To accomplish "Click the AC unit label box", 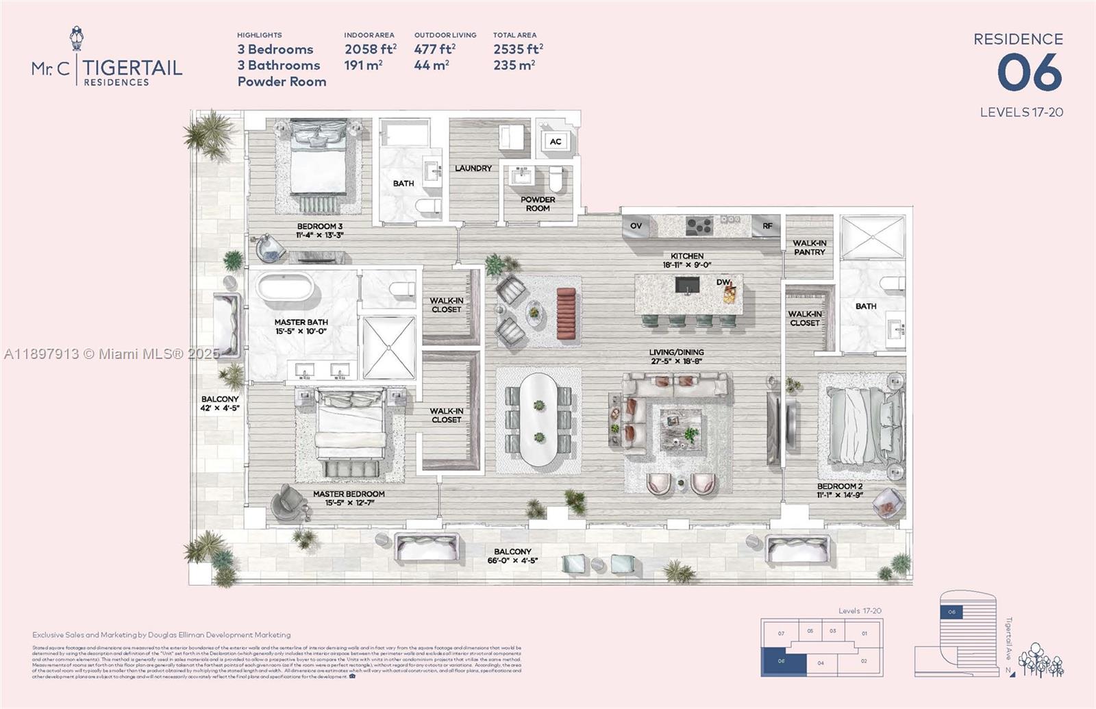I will (556, 142).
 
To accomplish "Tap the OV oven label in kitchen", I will (636, 225).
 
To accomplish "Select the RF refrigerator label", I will (767, 225).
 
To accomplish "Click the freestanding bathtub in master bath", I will (287, 287).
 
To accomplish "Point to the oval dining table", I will (539, 419).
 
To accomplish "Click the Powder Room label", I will (538, 203).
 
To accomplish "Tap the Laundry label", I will (473, 168).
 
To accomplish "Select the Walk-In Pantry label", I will (809, 247).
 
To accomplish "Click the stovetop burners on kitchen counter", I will (700, 225).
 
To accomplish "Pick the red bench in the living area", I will (566, 312).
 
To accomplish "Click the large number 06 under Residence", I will (1030, 73).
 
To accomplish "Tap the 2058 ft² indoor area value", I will (370, 49).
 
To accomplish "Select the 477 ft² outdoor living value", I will (434, 49).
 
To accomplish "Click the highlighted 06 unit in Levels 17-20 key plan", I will (782, 662).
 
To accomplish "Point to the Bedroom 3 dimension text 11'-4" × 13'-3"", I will (319, 235).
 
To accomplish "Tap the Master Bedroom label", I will (349, 493).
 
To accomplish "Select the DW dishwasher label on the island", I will (723, 282).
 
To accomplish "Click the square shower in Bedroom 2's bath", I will (872, 238).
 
